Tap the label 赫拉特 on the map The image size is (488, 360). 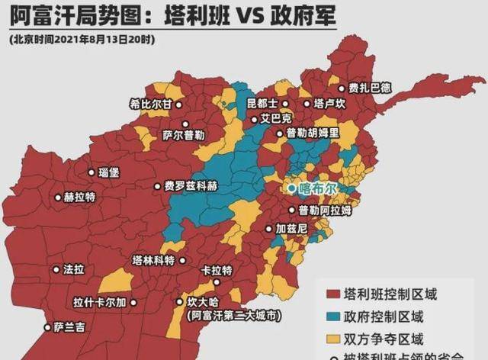79,197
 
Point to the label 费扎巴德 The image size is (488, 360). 369,88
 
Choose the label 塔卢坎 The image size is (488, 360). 329,103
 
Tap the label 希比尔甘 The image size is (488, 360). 151,105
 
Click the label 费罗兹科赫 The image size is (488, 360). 190,185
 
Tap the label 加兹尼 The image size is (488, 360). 291,228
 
